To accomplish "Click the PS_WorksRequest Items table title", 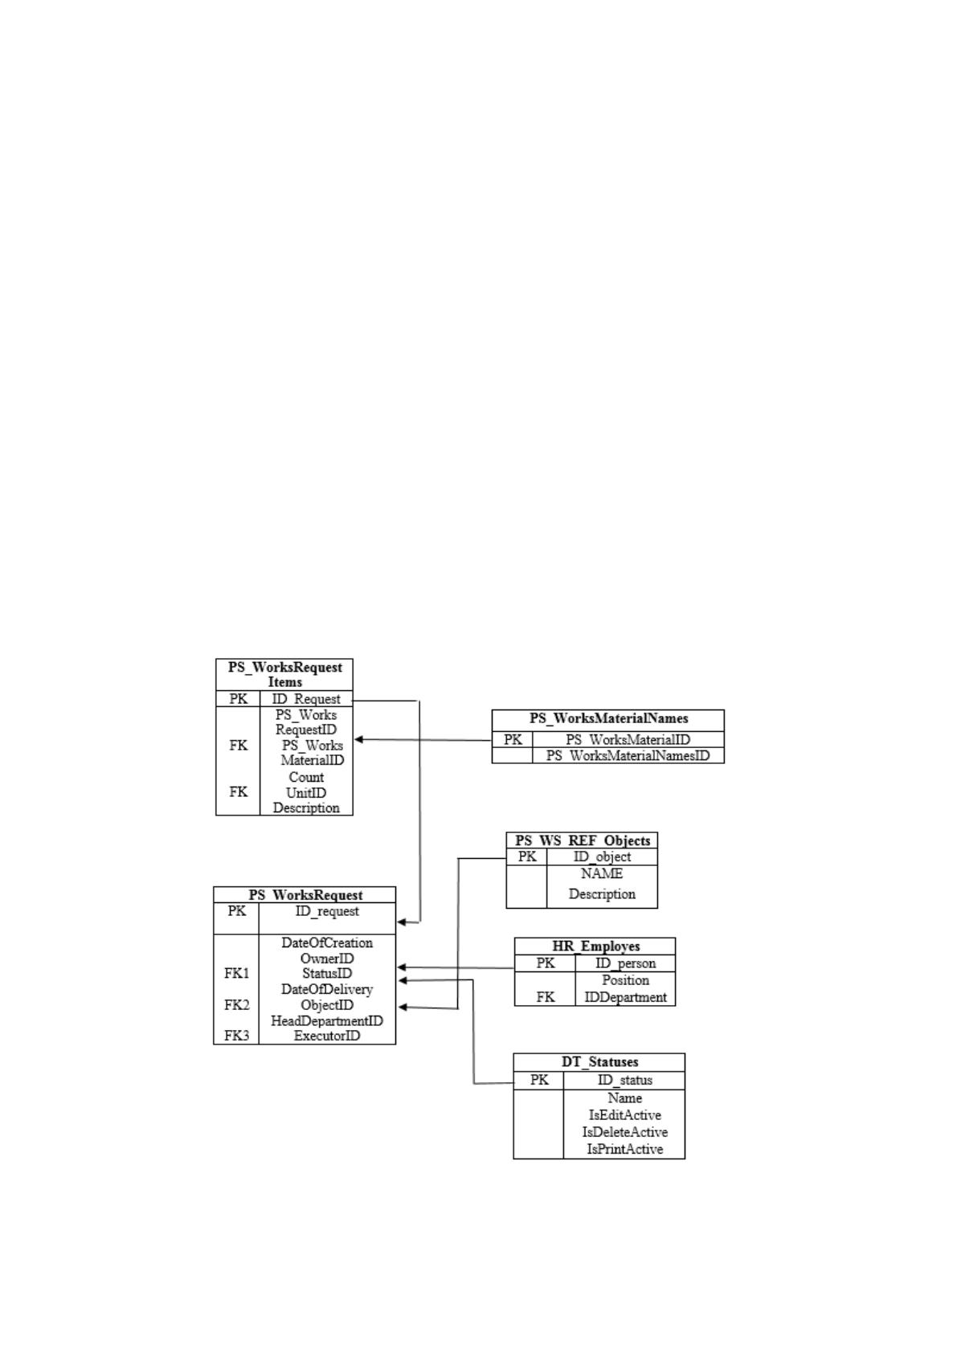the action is pyautogui.click(x=284, y=675).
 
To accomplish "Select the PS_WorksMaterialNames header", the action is pyautogui.click(x=608, y=719).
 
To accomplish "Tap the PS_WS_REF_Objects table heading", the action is pyautogui.click(x=583, y=840).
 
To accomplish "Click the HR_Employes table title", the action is pyautogui.click(x=595, y=946).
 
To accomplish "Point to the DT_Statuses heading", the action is pyautogui.click(x=600, y=1062).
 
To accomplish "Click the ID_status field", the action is pyautogui.click(x=624, y=1080).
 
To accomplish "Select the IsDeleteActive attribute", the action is pyautogui.click(x=624, y=1132).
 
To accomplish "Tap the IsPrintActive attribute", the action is pyautogui.click(x=624, y=1149).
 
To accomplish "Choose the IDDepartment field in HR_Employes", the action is pyautogui.click(x=625, y=997).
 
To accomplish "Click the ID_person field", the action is pyautogui.click(x=625, y=963).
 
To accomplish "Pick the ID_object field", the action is pyautogui.click(x=602, y=856).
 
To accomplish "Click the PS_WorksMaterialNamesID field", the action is pyautogui.click(x=628, y=755).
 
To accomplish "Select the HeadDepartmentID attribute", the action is pyautogui.click(x=327, y=1021).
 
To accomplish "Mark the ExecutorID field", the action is pyautogui.click(x=327, y=1036).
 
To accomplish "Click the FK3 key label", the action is pyautogui.click(x=236, y=1036).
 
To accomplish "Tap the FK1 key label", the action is pyautogui.click(x=236, y=973).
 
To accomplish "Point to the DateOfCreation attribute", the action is pyautogui.click(x=327, y=943).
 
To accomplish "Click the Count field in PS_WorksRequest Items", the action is pyautogui.click(x=306, y=778).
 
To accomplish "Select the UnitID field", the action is pyautogui.click(x=306, y=792).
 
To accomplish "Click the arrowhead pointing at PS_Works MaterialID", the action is pyautogui.click(x=358, y=739).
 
